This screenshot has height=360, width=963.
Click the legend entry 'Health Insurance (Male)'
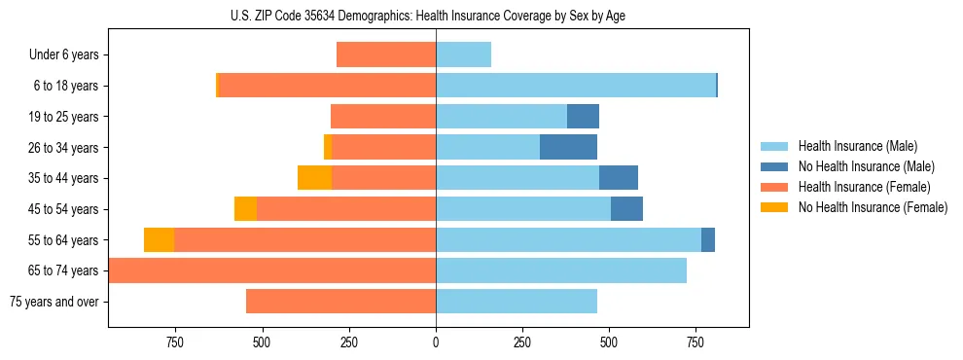(857, 146)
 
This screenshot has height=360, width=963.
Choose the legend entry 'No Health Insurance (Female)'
(873, 207)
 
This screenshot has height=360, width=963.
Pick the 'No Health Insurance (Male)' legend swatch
(774, 166)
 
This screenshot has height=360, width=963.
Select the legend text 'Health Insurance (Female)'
(864, 187)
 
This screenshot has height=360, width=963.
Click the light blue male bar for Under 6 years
(463, 54)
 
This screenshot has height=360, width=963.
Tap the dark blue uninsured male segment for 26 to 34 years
(568, 147)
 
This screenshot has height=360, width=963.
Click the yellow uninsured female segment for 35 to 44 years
(314, 178)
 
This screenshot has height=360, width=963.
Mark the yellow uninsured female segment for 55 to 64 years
(159, 239)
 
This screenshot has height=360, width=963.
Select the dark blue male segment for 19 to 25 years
(583, 117)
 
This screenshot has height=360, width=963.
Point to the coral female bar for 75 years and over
(340, 301)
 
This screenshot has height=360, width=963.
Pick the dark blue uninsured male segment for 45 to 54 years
(626, 209)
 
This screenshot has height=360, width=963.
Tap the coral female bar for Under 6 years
(386, 54)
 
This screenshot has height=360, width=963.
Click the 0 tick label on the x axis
(436, 342)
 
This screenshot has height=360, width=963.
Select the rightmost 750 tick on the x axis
(695, 342)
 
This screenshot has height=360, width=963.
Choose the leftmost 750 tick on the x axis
(175, 342)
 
